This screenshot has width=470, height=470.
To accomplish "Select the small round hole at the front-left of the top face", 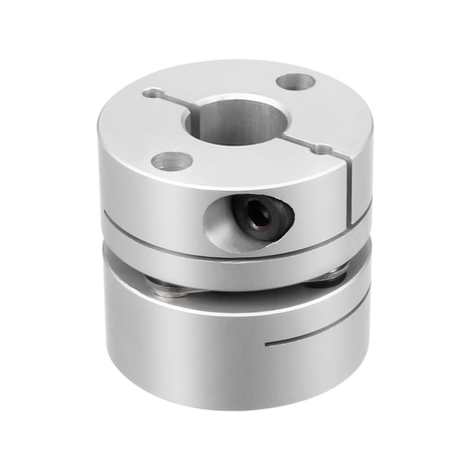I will pyautogui.click(x=171, y=160).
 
